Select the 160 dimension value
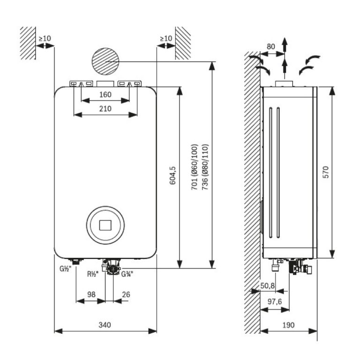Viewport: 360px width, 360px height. pyautogui.click(x=105, y=95)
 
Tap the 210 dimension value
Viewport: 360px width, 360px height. pyautogui.click(x=105, y=109)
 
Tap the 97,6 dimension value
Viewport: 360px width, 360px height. pyautogui.click(x=274, y=302)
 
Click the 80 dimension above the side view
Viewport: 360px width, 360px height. pyautogui.click(x=270, y=46)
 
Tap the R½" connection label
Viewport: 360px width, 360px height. pyautogui.click(x=92, y=274)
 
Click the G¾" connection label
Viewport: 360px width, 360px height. pyautogui.click(x=127, y=274)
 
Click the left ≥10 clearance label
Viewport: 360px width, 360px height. pyautogui.click(x=45, y=38)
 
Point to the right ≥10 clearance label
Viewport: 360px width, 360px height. pyautogui.click(x=166, y=38)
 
